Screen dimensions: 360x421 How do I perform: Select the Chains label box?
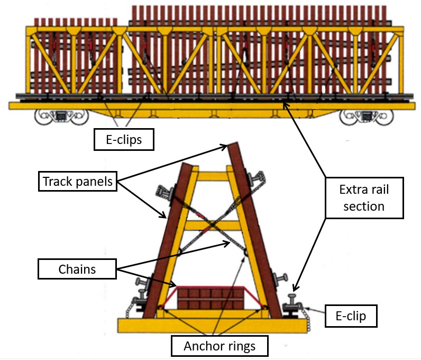click(x=77, y=269)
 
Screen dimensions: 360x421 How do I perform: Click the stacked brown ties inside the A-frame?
click(x=210, y=299)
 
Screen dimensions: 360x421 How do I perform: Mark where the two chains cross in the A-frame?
click(x=211, y=226)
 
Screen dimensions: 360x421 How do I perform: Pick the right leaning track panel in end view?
click(x=254, y=233)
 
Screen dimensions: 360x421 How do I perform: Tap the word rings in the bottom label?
click(x=239, y=347)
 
